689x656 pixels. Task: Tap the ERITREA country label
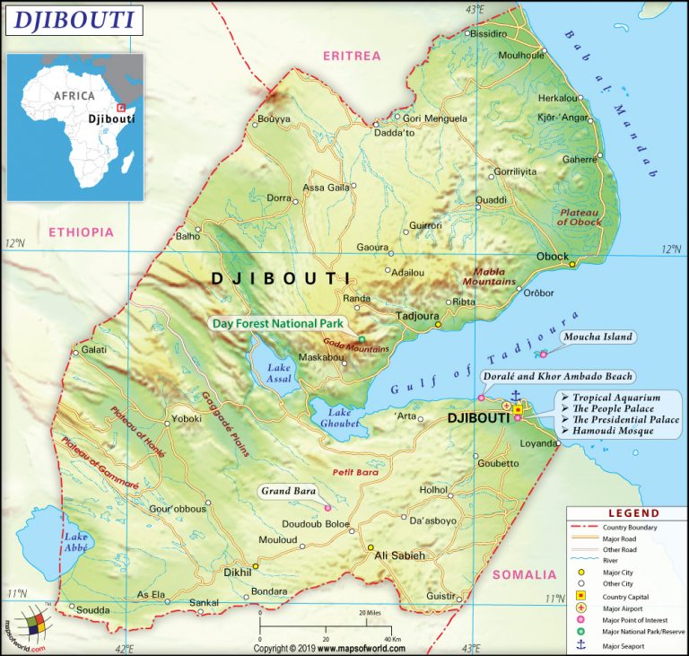(352, 56)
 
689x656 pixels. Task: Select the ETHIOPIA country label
(82, 232)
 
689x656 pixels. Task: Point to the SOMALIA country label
(524, 574)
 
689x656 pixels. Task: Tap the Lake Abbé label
(75, 542)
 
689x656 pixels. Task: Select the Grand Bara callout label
(288, 491)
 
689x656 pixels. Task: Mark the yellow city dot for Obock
(571, 265)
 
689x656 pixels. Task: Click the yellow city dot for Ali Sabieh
(370, 547)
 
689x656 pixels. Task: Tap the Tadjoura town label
(415, 315)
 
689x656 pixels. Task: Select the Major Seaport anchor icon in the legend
(580, 645)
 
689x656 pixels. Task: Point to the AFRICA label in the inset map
(73, 95)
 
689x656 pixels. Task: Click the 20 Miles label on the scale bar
(373, 613)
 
